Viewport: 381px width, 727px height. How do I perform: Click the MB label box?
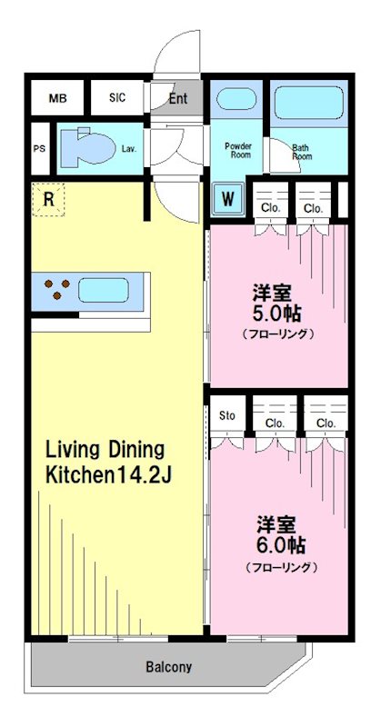(57, 98)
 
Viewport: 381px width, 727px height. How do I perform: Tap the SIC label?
(117, 98)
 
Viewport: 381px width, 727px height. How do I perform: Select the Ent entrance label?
(178, 98)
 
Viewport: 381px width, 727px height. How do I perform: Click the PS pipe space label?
(39, 149)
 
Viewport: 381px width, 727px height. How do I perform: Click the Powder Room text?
(238, 151)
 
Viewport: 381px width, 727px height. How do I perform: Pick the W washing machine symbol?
(227, 197)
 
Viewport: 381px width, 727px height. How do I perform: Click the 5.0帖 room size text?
(278, 314)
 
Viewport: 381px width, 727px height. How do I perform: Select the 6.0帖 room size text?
(280, 546)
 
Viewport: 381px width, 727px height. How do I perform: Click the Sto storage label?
(227, 416)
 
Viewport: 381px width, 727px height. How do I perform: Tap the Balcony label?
(169, 667)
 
